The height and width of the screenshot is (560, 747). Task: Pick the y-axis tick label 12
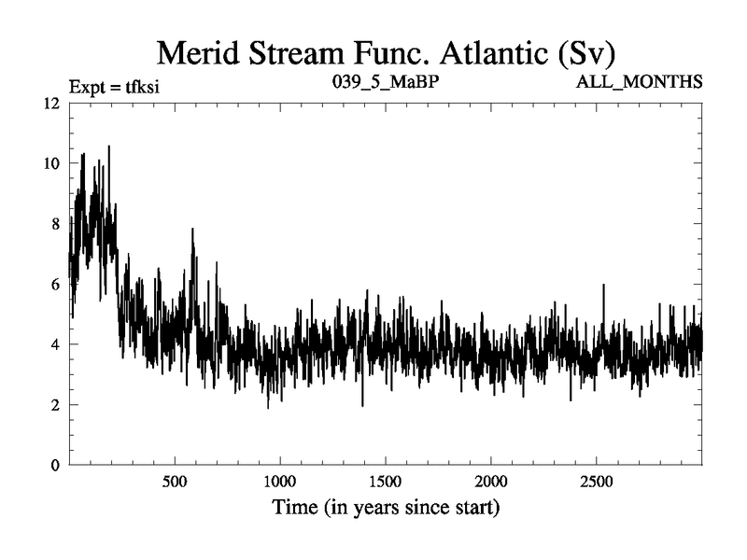click(51, 103)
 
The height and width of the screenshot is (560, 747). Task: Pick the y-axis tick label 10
click(51, 163)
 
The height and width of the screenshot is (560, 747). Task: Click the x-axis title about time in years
click(386, 509)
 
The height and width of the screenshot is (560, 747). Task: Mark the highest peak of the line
click(109, 147)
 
